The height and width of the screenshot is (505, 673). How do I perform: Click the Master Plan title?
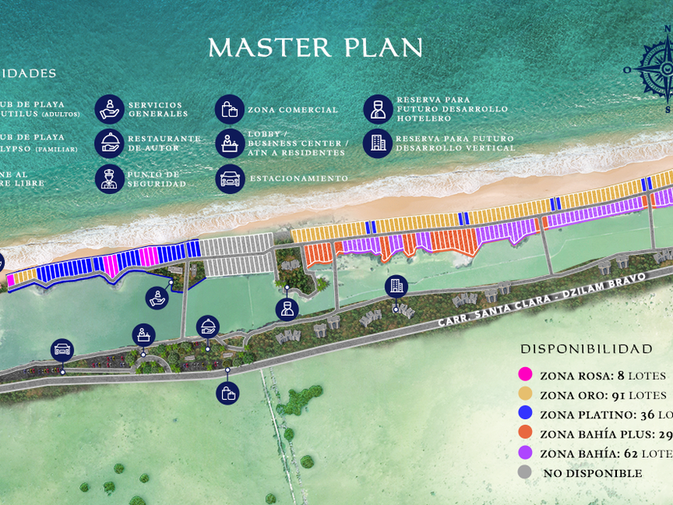315,48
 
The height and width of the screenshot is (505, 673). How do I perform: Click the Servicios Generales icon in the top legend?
109,109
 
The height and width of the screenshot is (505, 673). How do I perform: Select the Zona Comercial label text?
292,110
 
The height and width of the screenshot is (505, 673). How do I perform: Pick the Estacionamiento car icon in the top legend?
229,178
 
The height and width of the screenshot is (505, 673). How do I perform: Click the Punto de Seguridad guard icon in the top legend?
109,178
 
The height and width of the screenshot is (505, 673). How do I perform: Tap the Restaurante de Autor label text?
163,143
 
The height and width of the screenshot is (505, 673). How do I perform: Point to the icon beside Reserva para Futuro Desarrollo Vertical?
377,143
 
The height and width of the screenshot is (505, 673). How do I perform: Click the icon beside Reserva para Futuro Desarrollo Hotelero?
377,109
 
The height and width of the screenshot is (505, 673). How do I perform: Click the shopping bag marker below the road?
228,393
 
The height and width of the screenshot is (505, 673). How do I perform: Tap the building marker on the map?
396,286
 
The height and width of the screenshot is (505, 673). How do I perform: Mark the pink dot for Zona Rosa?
526,374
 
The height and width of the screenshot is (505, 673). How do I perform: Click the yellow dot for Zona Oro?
526,394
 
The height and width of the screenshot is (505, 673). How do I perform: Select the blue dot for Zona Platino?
526,414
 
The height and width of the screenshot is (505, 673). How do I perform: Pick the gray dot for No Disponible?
526,473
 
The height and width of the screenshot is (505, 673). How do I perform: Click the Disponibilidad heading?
586,349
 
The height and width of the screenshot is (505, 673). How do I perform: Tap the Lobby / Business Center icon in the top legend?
229,143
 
